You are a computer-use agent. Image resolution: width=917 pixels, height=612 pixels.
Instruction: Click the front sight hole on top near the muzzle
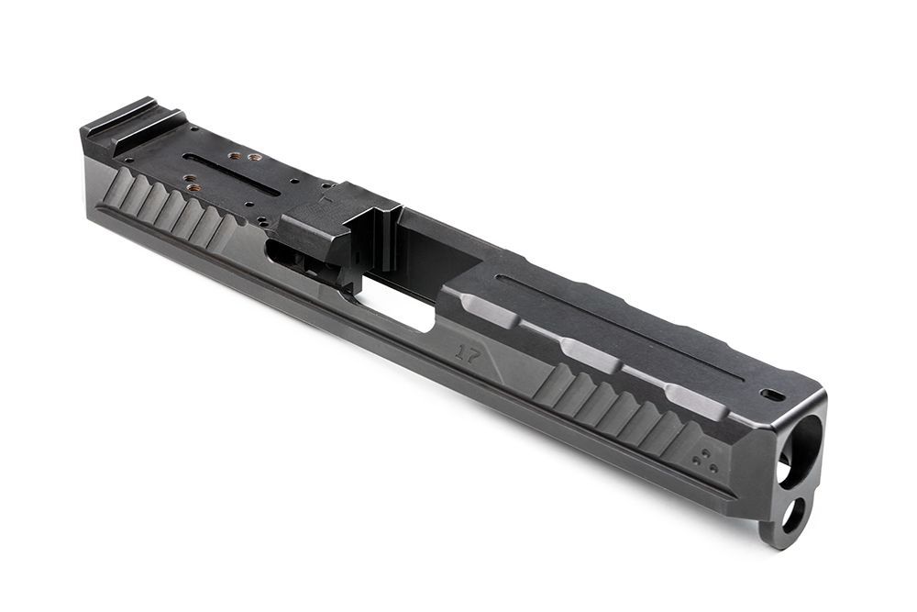tap(772, 394)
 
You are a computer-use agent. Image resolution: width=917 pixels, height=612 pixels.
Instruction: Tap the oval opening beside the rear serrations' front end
tap(280, 251)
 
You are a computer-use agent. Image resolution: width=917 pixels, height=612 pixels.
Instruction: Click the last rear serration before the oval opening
tap(225, 229)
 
